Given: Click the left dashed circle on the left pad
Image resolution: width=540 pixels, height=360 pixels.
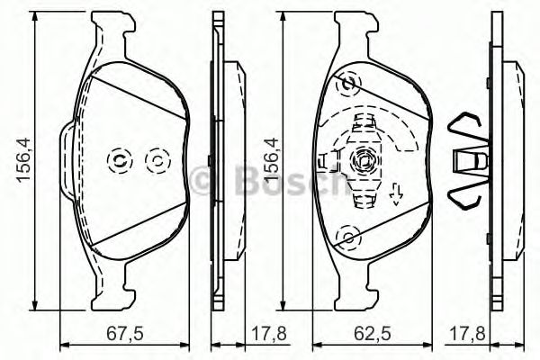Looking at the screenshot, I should (119, 161).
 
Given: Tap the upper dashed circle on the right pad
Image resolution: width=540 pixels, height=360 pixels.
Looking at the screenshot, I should (346, 86).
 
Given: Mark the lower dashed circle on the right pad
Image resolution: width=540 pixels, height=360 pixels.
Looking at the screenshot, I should (346, 237).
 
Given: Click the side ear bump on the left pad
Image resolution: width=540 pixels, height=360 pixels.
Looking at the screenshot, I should (65, 162).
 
